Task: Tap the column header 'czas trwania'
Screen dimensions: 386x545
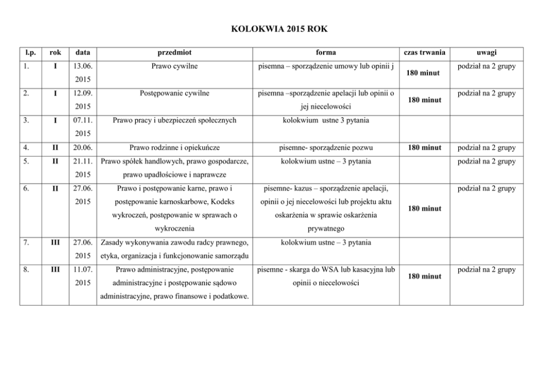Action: coord(424,53)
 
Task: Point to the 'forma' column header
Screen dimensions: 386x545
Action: coord(326,53)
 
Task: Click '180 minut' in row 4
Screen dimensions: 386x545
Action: coord(424,147)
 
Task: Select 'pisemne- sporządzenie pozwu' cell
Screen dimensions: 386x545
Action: coord(326,147)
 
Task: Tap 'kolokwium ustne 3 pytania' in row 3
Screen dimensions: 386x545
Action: coord(326,119)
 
